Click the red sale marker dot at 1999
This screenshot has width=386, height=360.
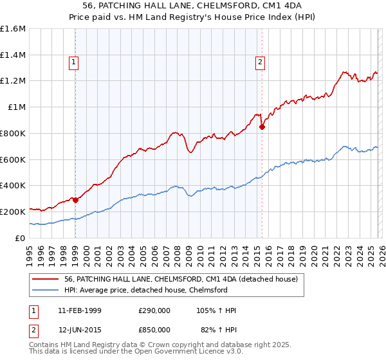click(76, 200)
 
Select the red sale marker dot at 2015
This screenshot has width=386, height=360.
click(262, 127)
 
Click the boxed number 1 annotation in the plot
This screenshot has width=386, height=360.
click(74, 62)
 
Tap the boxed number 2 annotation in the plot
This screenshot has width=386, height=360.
click(260, 62)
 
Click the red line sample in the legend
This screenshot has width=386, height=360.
click(46, 280)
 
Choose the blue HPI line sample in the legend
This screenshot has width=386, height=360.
click(46, 291)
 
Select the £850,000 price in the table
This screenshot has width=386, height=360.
click(154, 329)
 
